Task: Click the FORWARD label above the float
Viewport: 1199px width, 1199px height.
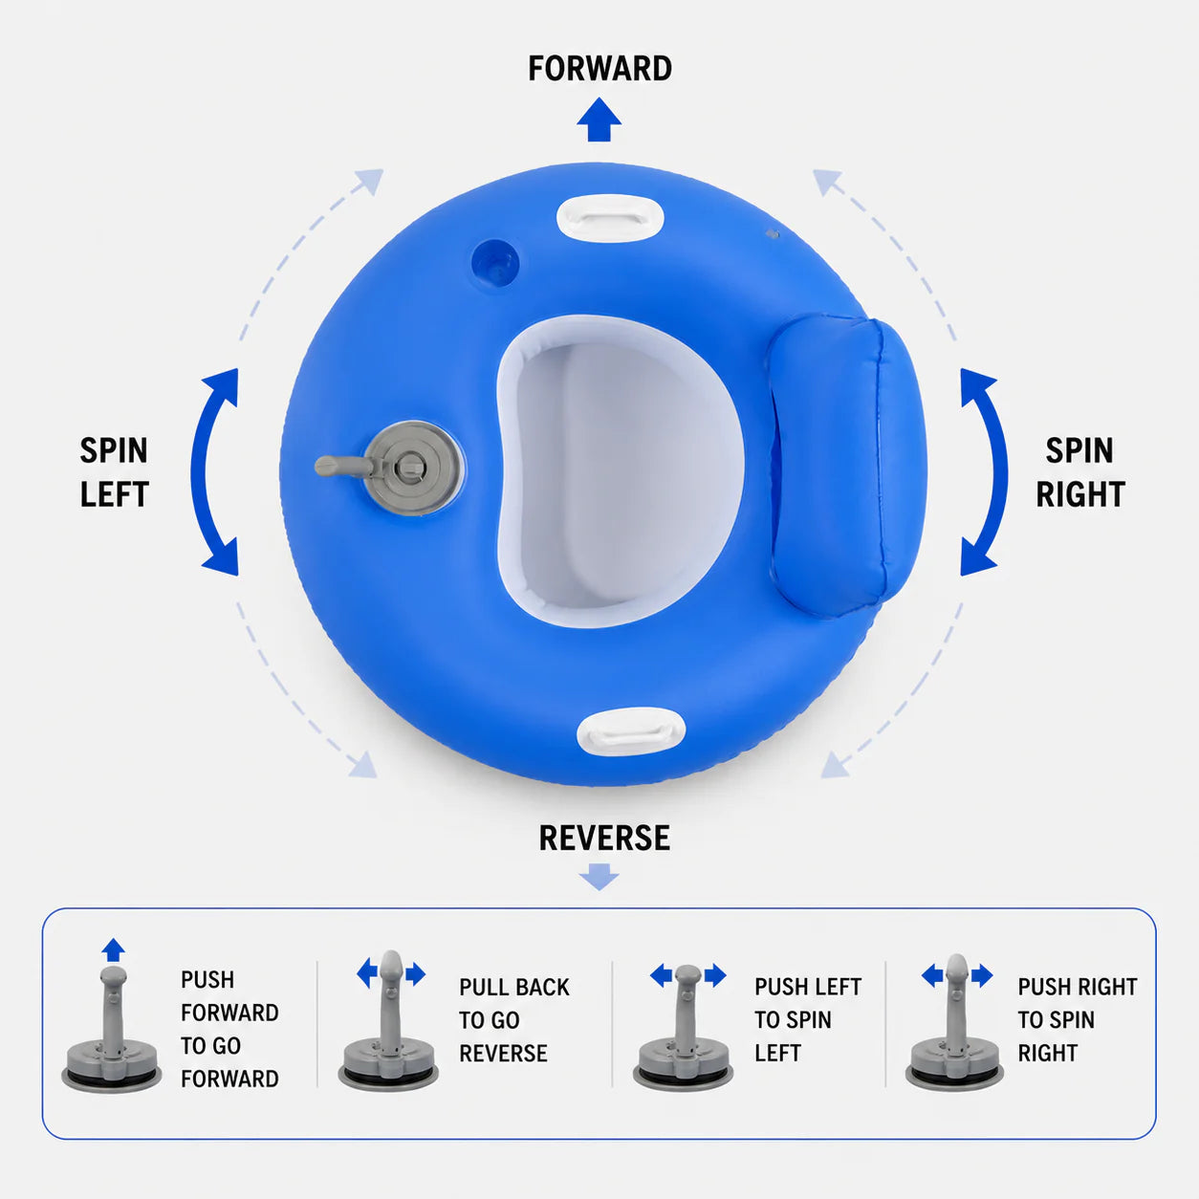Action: (599, 69)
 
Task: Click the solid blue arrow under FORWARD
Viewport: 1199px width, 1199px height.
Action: (599, 120)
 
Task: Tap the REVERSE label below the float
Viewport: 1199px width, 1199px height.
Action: (604, 838)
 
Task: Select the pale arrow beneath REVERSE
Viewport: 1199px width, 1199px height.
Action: (599, 877)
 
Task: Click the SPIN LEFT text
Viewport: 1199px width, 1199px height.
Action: (114, 472)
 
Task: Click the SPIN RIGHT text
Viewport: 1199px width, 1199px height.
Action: (1080, 472)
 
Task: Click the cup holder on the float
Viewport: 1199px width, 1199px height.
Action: (495, 263)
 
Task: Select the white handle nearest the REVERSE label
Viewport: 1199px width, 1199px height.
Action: (631, 730)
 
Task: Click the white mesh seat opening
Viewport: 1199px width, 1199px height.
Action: (620, 471)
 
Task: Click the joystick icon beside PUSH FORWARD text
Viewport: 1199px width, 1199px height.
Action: (111, 1030)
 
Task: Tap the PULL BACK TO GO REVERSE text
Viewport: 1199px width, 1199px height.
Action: (514, 1020)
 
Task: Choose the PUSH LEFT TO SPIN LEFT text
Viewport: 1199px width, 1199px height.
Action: (808, 1019)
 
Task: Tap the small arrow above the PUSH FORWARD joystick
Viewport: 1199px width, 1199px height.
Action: (113, 950)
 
